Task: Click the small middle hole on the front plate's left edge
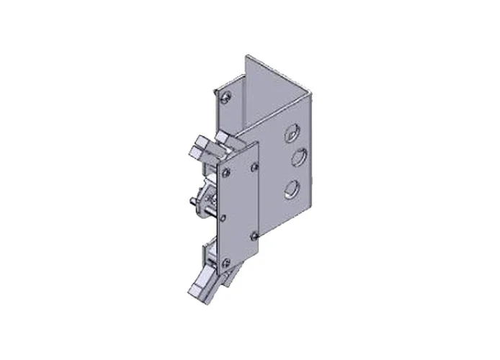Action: point(224,217)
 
